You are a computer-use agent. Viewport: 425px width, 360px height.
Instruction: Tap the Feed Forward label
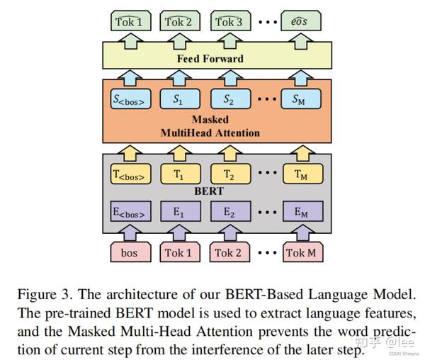coord(210,59)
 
